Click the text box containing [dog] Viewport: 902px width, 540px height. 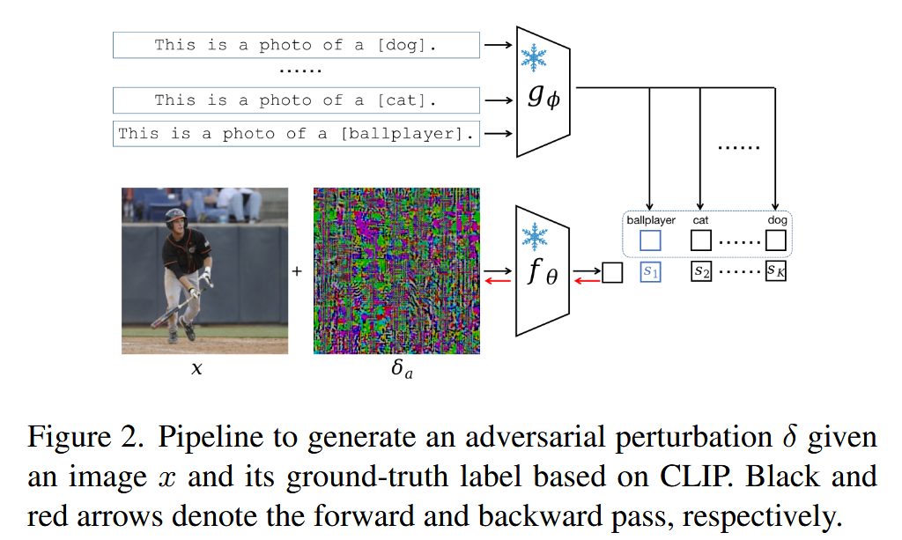point(296,45)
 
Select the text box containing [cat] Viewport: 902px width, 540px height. point(296,100)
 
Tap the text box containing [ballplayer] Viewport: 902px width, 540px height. point(296,134)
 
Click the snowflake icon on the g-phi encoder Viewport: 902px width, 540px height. point(534,56)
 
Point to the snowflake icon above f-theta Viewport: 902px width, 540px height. point(534,235)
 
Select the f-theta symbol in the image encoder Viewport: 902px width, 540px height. point(543,273)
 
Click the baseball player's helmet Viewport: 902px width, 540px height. point(176,216)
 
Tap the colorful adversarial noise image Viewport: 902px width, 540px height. point(396,270)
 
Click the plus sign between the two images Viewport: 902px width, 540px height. point(297,271)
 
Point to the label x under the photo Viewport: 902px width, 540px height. point(196,369)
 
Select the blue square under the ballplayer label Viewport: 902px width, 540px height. point(650,240)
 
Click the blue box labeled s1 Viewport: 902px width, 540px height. point(650,272)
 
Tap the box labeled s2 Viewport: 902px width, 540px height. point(701,272)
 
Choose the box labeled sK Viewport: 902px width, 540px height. point(775,272)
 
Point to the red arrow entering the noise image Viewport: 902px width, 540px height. point(495,279)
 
